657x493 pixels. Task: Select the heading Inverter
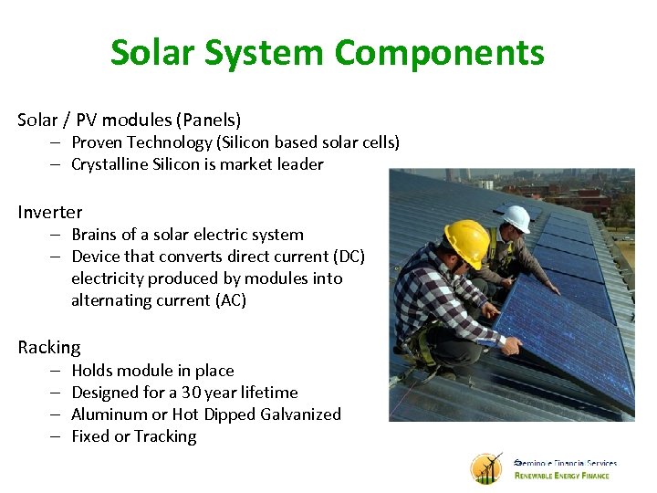[49, 212]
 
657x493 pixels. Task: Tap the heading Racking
[49, 347]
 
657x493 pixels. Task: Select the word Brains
[96, 235]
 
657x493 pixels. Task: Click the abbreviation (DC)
[346, 257]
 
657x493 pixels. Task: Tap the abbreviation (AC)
[227, 300]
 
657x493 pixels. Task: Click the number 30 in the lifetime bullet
[190, 393]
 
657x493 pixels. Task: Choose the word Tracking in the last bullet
[165, 436]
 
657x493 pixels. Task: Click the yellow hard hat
[467, 241]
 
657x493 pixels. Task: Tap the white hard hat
[517, 218]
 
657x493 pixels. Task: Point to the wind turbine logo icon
[486, 467]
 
